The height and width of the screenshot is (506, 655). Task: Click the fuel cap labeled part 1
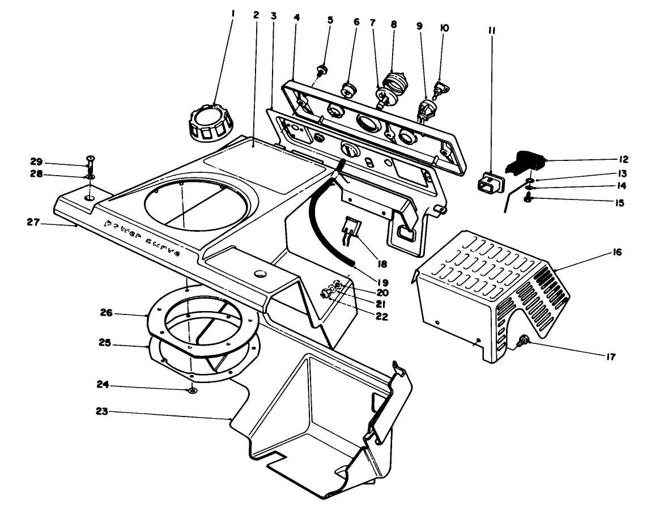(209, 121)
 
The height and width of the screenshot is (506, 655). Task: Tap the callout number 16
(616, 252)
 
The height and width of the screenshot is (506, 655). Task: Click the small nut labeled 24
(192, 390)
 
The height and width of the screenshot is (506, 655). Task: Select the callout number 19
(382, 282)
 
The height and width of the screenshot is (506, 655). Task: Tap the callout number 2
(256, 15)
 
